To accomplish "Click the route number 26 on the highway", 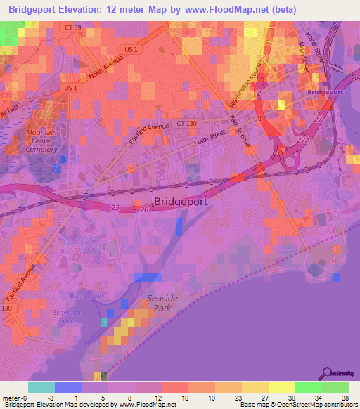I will [145, 209].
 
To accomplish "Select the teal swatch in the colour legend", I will [41, 387].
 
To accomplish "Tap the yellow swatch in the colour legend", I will [282, 387].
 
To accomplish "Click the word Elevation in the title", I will [95, 9].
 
